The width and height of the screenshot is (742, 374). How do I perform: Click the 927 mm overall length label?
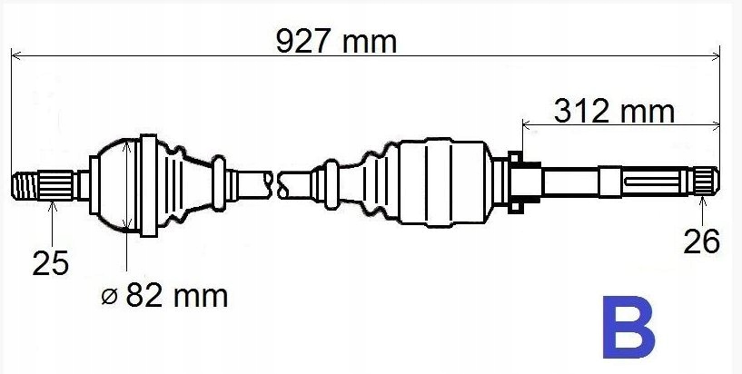tap(336, 42)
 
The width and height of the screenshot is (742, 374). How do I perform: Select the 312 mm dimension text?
tap(614, 112)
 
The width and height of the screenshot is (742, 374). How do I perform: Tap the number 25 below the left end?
tap(51, 263)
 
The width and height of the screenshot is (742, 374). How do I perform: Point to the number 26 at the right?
tap(702, 241)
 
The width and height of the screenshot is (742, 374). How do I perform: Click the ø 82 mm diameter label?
tap(164, 297)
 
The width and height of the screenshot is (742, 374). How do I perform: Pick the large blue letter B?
tap(628, 327)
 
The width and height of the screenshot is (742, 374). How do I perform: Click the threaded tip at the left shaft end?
tap(25, 185)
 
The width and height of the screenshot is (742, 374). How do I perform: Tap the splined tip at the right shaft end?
tap(707, 182)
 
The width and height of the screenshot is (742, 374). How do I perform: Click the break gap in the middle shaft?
tap(275, 184)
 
